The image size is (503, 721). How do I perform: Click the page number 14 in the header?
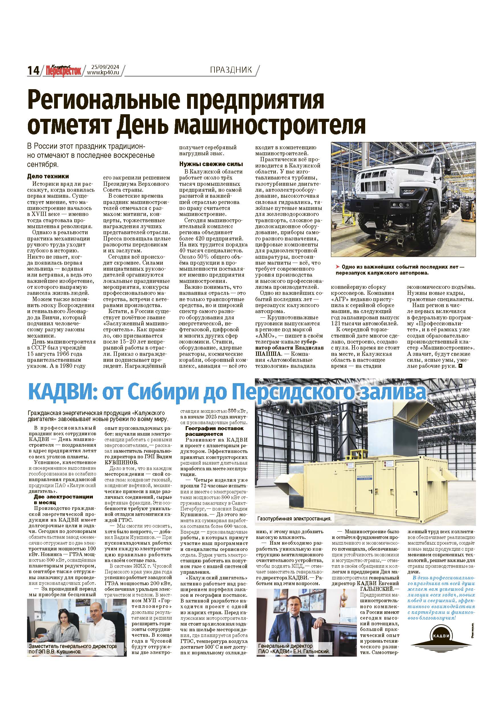click(x=33, y=70)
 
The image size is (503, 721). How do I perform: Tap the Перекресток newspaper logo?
click(x=62, y=70)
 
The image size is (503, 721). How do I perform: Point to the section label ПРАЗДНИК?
click(x=231, y=70)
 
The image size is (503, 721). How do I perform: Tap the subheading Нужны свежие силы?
click(x=211, y=164)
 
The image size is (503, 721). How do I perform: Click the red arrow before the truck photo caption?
click(x=338, y=267)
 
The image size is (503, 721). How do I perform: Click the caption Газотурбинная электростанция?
click(x=294, y=518)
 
